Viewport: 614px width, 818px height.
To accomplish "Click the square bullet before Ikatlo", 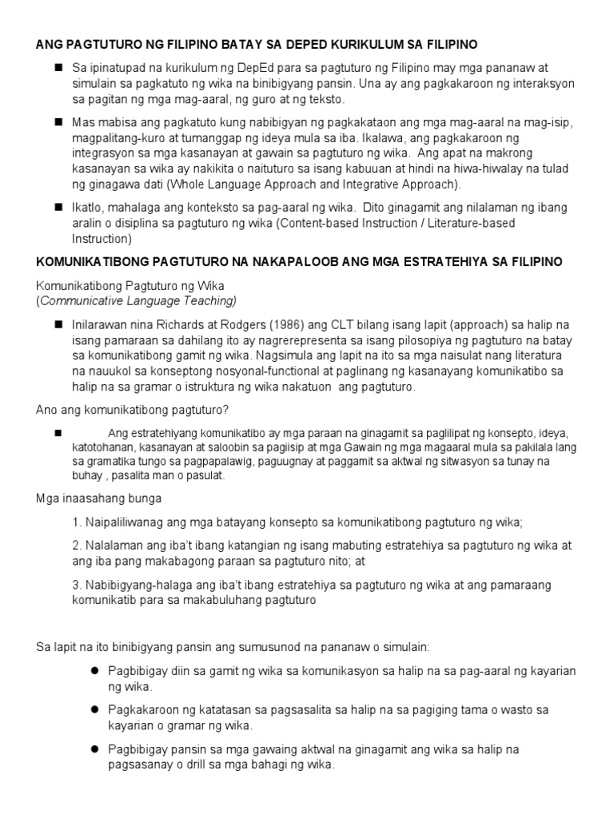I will tap(58, 207).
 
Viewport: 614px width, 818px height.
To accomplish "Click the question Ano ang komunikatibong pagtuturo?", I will tap(133, 410).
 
